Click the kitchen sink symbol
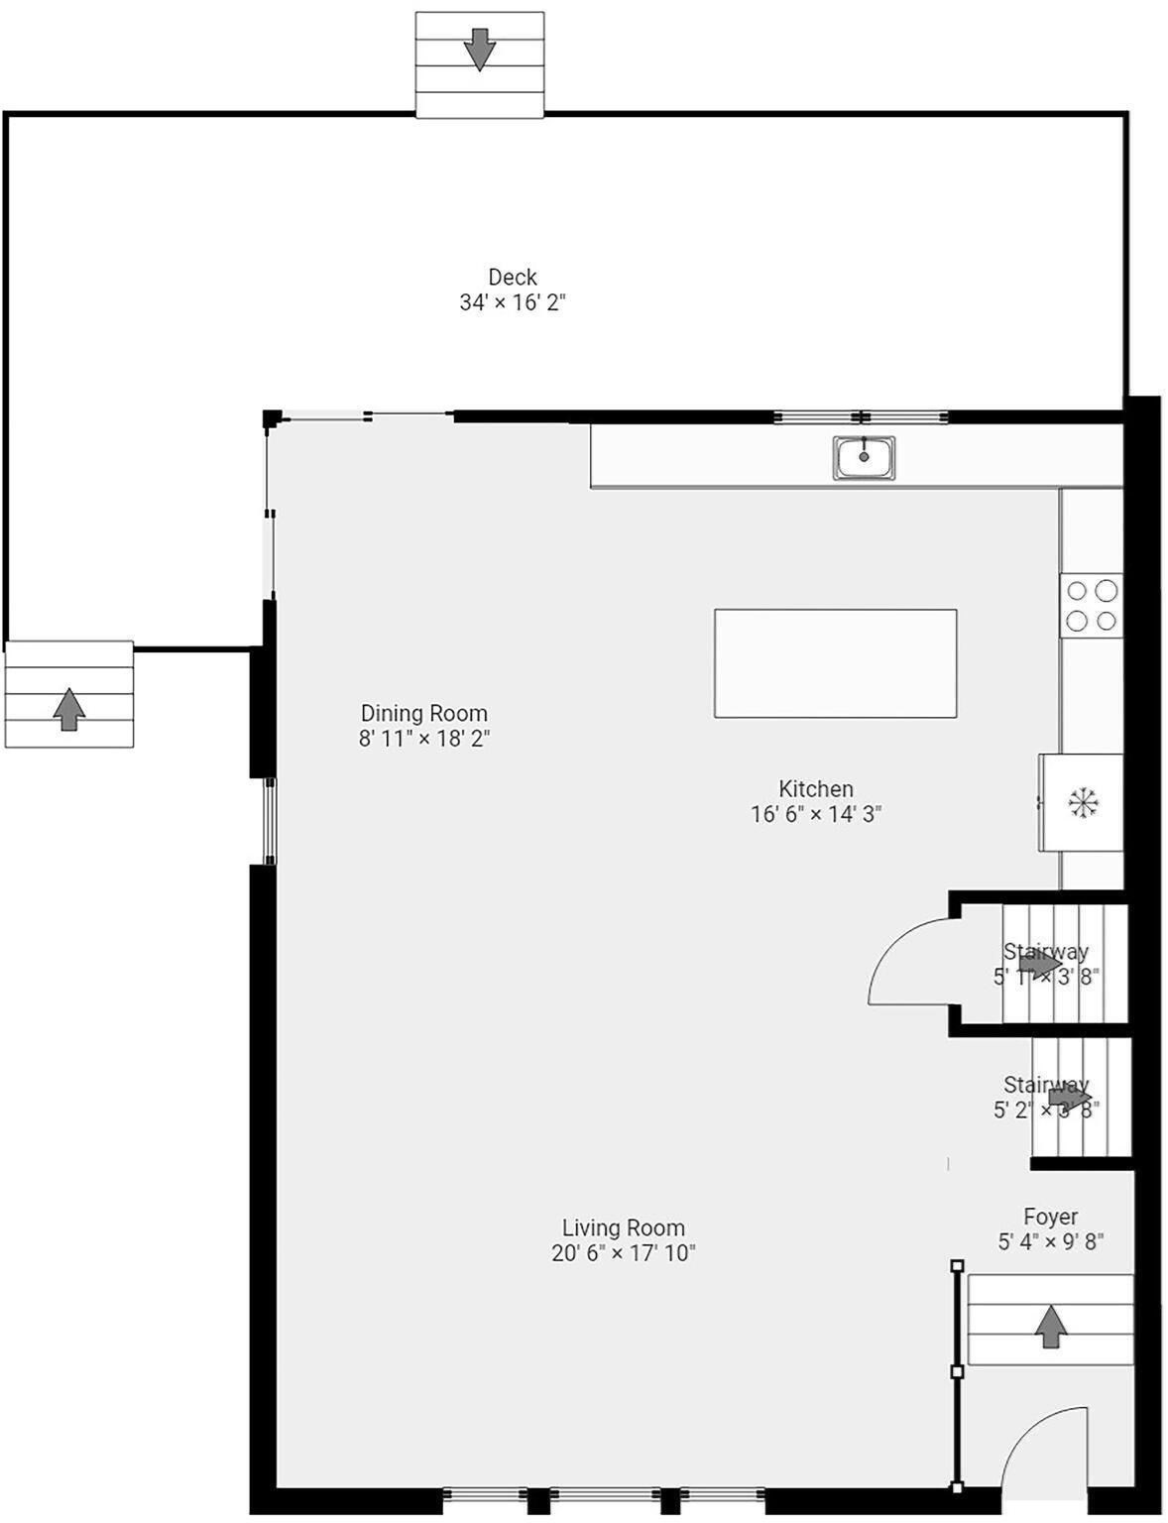pyautogui.click(x=864, y=457)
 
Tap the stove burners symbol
pyautogui.click(x=1091, y=606)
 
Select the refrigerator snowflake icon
pyautogui.click(x=1084, y=802)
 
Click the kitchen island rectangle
pyautogui.click(x=835, y=663)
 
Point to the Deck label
pyautogui.click(x=513, y=278)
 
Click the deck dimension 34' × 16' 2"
pyautogui.click(x=513, y=302)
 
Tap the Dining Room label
pyautogui.click(x=424, y=713)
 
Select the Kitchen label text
pyautogui.click(x=816, y=789)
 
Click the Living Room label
pyautogui.click(x=624, y=1228)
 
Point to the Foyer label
pyautogui.click(x=1051, y=1217)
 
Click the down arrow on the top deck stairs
pyautogui.click(x=480, y=49)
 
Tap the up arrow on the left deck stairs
pyautogui.click(x=68, y=709)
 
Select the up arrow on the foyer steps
pyautogui.click(x=1051, y=1327)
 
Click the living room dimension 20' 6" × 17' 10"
pyautogui.click(x=624, y=1253)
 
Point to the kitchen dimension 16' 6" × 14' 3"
pyautogui.click(x=816, y=814)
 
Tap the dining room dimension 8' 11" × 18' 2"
pyautogui.click(x=424, y=739)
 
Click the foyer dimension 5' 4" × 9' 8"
pyautogui.click(x=1051, y=1241)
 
